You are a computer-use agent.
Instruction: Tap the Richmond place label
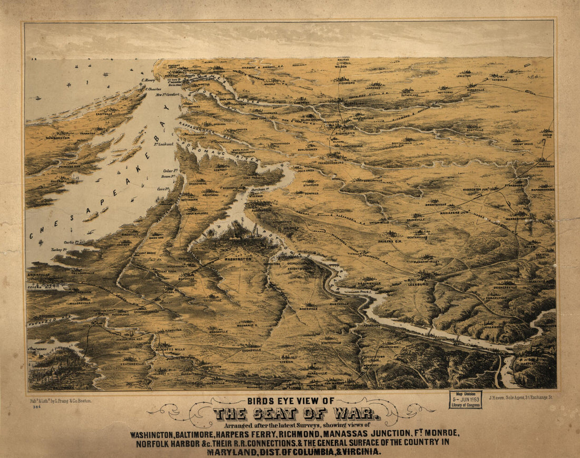pos(345,133)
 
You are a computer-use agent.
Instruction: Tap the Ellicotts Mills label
pos(170,349)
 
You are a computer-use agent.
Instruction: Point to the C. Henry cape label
pos(148,81)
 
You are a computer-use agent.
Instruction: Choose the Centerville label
pos(417,237)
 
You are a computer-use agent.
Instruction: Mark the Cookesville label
pos(252,349)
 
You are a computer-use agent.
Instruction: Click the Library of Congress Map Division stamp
pos(465,399)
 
